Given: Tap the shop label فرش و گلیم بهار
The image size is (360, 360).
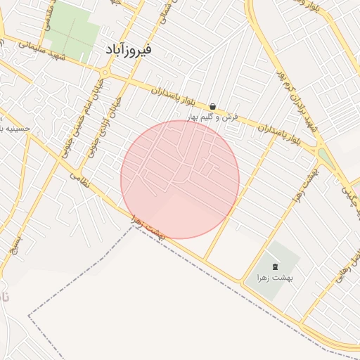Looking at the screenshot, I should tap(212, 116).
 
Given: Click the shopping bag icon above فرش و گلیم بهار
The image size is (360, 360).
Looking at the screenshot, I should tap(212, 107).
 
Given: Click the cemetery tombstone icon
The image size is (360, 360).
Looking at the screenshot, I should tap(274, 266).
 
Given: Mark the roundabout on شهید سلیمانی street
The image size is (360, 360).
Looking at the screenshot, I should tap(105, 72).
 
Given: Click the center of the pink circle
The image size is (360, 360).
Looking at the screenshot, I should tap(180, 179).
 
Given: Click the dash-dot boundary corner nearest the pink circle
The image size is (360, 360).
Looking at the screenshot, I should tap(133, 227).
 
